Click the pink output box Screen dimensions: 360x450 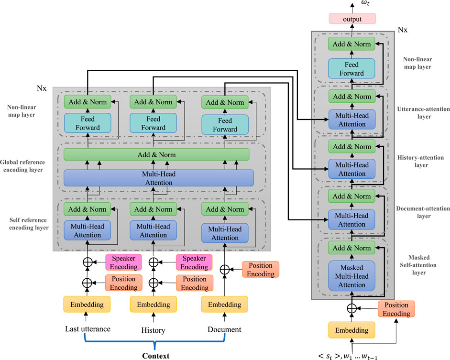click(351, 20)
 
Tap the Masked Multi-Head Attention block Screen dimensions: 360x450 click(351, 276)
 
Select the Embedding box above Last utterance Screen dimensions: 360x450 click(87, 305)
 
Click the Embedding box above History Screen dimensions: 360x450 click(154, 305)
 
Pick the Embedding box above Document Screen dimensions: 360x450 click(225, 305)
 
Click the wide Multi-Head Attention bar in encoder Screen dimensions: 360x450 click(158, 178)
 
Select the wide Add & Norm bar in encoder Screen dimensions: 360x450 click(156, 155)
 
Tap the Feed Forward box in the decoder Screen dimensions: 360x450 click(351, 69)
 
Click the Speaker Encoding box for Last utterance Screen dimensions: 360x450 click(124, 262)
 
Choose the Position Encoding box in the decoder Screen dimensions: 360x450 click(396, 309)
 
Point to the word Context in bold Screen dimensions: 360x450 click(155, 355)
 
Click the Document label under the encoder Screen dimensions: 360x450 click(224, 329)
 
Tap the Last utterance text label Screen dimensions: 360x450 click(88, 329)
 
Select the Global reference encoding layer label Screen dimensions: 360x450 click(28, 165)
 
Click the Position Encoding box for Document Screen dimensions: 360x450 click(260, 270)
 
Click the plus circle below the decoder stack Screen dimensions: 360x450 click(351, 309)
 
